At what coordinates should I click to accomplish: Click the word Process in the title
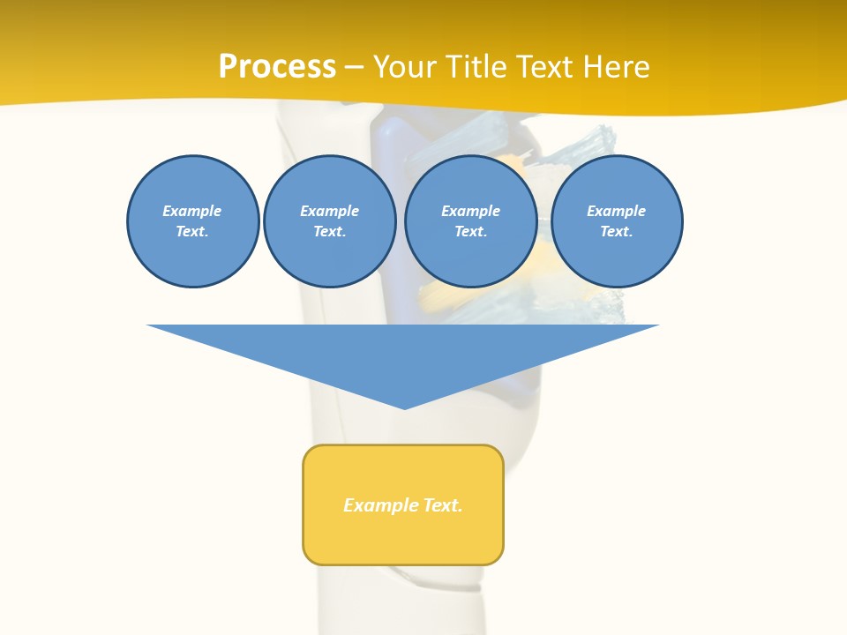(277, 67)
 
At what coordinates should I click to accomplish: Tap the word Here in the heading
(617, 67)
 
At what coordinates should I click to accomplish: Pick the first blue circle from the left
(193, 221)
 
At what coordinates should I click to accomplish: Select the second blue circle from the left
(330, 221)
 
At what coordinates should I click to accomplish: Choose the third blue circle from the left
(470, 221)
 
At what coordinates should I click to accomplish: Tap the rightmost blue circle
(617, 221)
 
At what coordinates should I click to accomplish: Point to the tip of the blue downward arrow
(404, 407)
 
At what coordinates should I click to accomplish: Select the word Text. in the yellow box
(443, 505)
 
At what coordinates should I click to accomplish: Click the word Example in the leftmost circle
(192, 211)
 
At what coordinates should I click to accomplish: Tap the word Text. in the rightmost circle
(617, 232)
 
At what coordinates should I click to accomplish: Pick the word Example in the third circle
(470, 211)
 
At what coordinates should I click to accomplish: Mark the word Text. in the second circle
(330, 232)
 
